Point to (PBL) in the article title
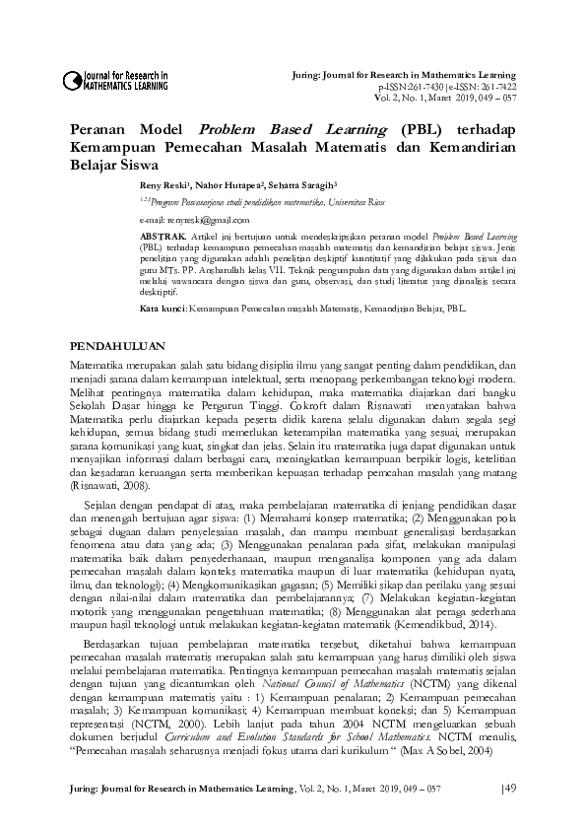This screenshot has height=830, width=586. click(397, 130)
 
